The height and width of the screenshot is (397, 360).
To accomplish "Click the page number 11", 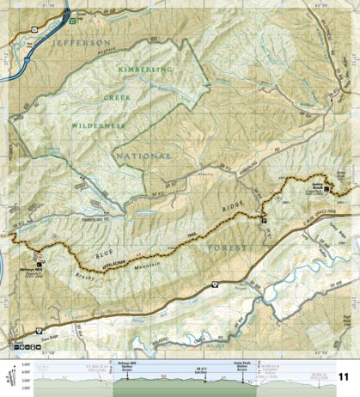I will click(344, 377).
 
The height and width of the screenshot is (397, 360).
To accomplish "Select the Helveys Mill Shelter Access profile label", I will click(128, 367).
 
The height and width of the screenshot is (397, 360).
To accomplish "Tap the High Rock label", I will click(346, 321).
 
